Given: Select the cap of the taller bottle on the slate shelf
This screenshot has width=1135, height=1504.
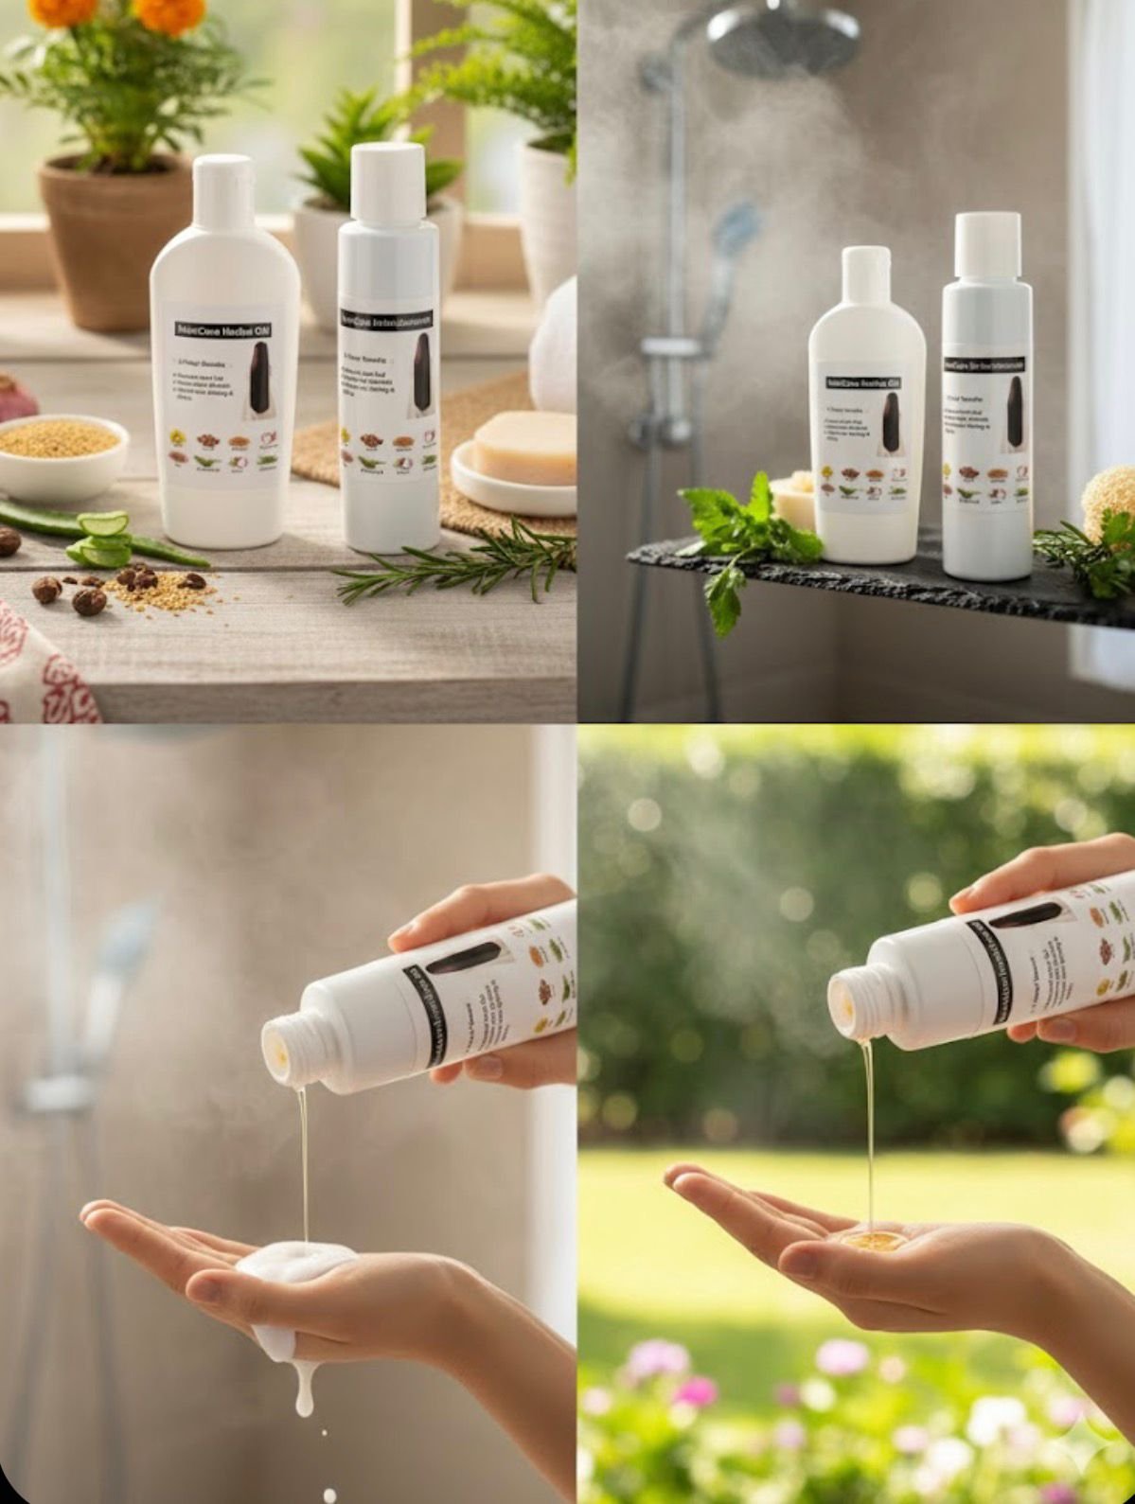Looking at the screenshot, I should [987, 245].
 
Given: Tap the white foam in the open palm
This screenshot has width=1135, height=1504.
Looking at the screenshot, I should [294, 1264].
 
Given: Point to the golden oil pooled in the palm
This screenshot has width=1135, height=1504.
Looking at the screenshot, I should [872, 1239].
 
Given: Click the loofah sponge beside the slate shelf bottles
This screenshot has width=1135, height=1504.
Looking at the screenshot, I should [1110, 502].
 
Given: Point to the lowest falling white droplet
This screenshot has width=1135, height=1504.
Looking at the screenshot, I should [328, 1495].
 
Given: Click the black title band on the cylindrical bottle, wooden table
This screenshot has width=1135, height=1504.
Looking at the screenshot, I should [386, 320].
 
